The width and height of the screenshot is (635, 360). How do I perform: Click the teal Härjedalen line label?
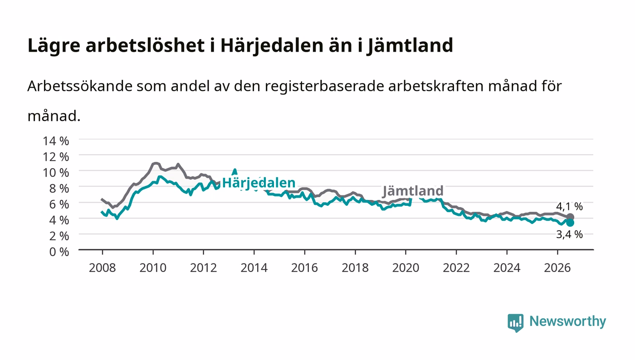click(259, 183)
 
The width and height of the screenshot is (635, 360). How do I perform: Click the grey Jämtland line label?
click(413, 191)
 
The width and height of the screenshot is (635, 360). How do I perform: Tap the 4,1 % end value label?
click(569, 206)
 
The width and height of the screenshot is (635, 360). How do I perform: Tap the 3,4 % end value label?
click(569, 234)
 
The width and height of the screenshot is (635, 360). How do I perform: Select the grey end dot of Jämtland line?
click(570, 217)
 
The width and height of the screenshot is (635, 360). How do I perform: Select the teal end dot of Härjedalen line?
click(570, 223)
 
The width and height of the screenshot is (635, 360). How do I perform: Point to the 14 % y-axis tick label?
click(56, 141)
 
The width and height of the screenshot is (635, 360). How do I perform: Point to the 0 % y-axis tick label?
click(59, 252)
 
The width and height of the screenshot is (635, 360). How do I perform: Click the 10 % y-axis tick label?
click(56, 173)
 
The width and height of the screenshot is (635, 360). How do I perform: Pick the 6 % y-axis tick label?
click(59, 204)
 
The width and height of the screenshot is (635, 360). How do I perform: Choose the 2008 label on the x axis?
click(103, 268)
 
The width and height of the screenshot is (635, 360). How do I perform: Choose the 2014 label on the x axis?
click(254, 268)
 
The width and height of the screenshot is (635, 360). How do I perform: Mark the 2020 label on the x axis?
click(405, 268)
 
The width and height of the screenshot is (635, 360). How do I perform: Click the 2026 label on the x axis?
click(557, 268)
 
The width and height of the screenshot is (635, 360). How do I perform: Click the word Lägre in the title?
click(54, 46)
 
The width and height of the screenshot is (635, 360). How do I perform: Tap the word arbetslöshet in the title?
click(145, 45)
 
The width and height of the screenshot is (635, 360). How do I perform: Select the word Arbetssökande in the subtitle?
click(80, 86)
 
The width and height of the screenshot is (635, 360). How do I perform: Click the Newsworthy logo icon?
click(515, 322)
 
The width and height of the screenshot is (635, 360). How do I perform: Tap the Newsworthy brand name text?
click(567, 321)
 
